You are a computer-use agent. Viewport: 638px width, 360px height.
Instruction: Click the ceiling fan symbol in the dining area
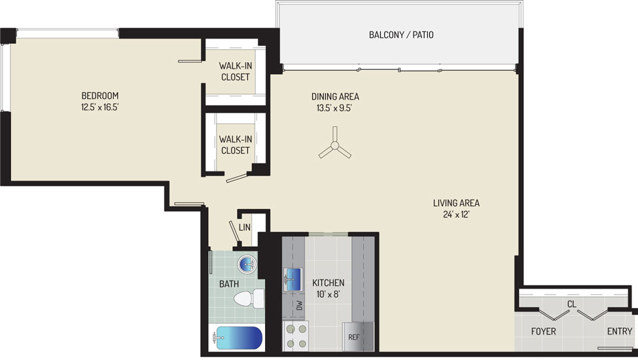[334, 145]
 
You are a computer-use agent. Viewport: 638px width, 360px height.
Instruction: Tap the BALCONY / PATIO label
[401, 35]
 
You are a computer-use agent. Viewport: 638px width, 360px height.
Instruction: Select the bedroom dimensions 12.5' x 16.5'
[99, 107]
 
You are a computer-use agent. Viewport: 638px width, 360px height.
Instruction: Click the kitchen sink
[293, 279]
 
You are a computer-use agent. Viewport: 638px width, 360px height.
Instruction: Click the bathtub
[238, 338]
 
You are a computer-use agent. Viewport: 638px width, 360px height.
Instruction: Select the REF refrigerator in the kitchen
[358, 336]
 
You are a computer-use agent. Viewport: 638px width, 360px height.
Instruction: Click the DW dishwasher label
[300, 304]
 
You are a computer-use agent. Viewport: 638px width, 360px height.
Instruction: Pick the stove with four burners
[296, 336]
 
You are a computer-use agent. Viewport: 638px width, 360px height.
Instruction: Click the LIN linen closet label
[245, 227]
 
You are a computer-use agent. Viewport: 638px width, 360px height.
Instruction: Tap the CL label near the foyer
[572, 304]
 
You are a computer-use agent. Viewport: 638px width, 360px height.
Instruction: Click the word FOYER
[543, 331]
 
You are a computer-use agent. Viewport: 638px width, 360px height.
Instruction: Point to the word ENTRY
[620, 331]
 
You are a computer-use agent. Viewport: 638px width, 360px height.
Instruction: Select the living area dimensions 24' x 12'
[456, 215]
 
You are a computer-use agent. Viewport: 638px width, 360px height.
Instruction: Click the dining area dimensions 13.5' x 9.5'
[334, 108]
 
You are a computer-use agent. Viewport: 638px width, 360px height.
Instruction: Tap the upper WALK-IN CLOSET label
[235, 71]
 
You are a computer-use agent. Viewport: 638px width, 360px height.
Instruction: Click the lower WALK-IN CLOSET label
[235, 145]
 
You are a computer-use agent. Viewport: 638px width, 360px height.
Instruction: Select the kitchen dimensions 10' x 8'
[328, 293]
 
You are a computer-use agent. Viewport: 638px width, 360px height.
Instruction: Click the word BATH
[229, 284]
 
